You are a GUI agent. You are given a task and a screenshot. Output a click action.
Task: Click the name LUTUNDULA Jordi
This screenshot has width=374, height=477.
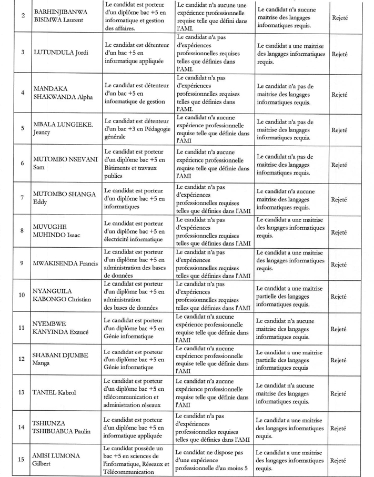[60, 53]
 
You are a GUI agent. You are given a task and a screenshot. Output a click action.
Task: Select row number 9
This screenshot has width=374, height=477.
[22, 263]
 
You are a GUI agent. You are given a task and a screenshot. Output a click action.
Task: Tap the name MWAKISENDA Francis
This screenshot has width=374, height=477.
[66, 263]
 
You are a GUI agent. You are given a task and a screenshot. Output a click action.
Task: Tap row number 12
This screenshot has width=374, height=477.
[22, 359]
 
